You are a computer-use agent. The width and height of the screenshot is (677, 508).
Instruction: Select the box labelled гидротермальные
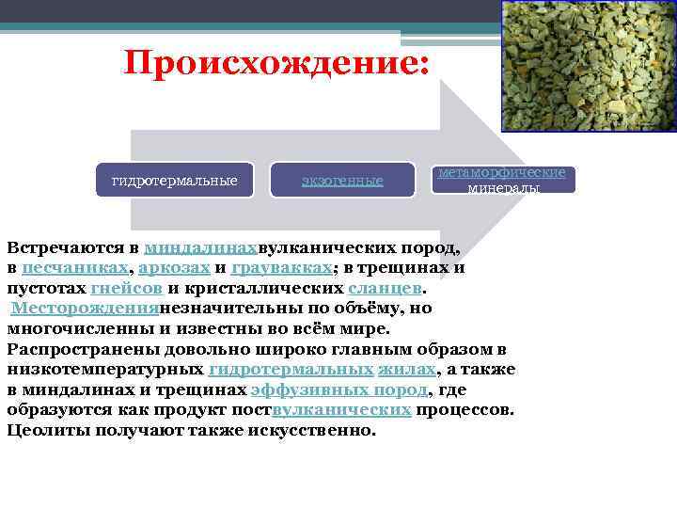coord(175,179)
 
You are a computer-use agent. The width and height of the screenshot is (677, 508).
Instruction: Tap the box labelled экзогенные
coord(342,180)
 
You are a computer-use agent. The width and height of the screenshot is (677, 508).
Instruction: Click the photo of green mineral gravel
coord(588,66)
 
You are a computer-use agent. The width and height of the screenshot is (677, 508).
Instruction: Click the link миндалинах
coord(201,249)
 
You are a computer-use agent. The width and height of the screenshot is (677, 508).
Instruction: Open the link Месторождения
coord(86,309)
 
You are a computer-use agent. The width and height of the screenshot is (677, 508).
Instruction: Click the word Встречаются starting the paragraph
coord(66,249)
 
